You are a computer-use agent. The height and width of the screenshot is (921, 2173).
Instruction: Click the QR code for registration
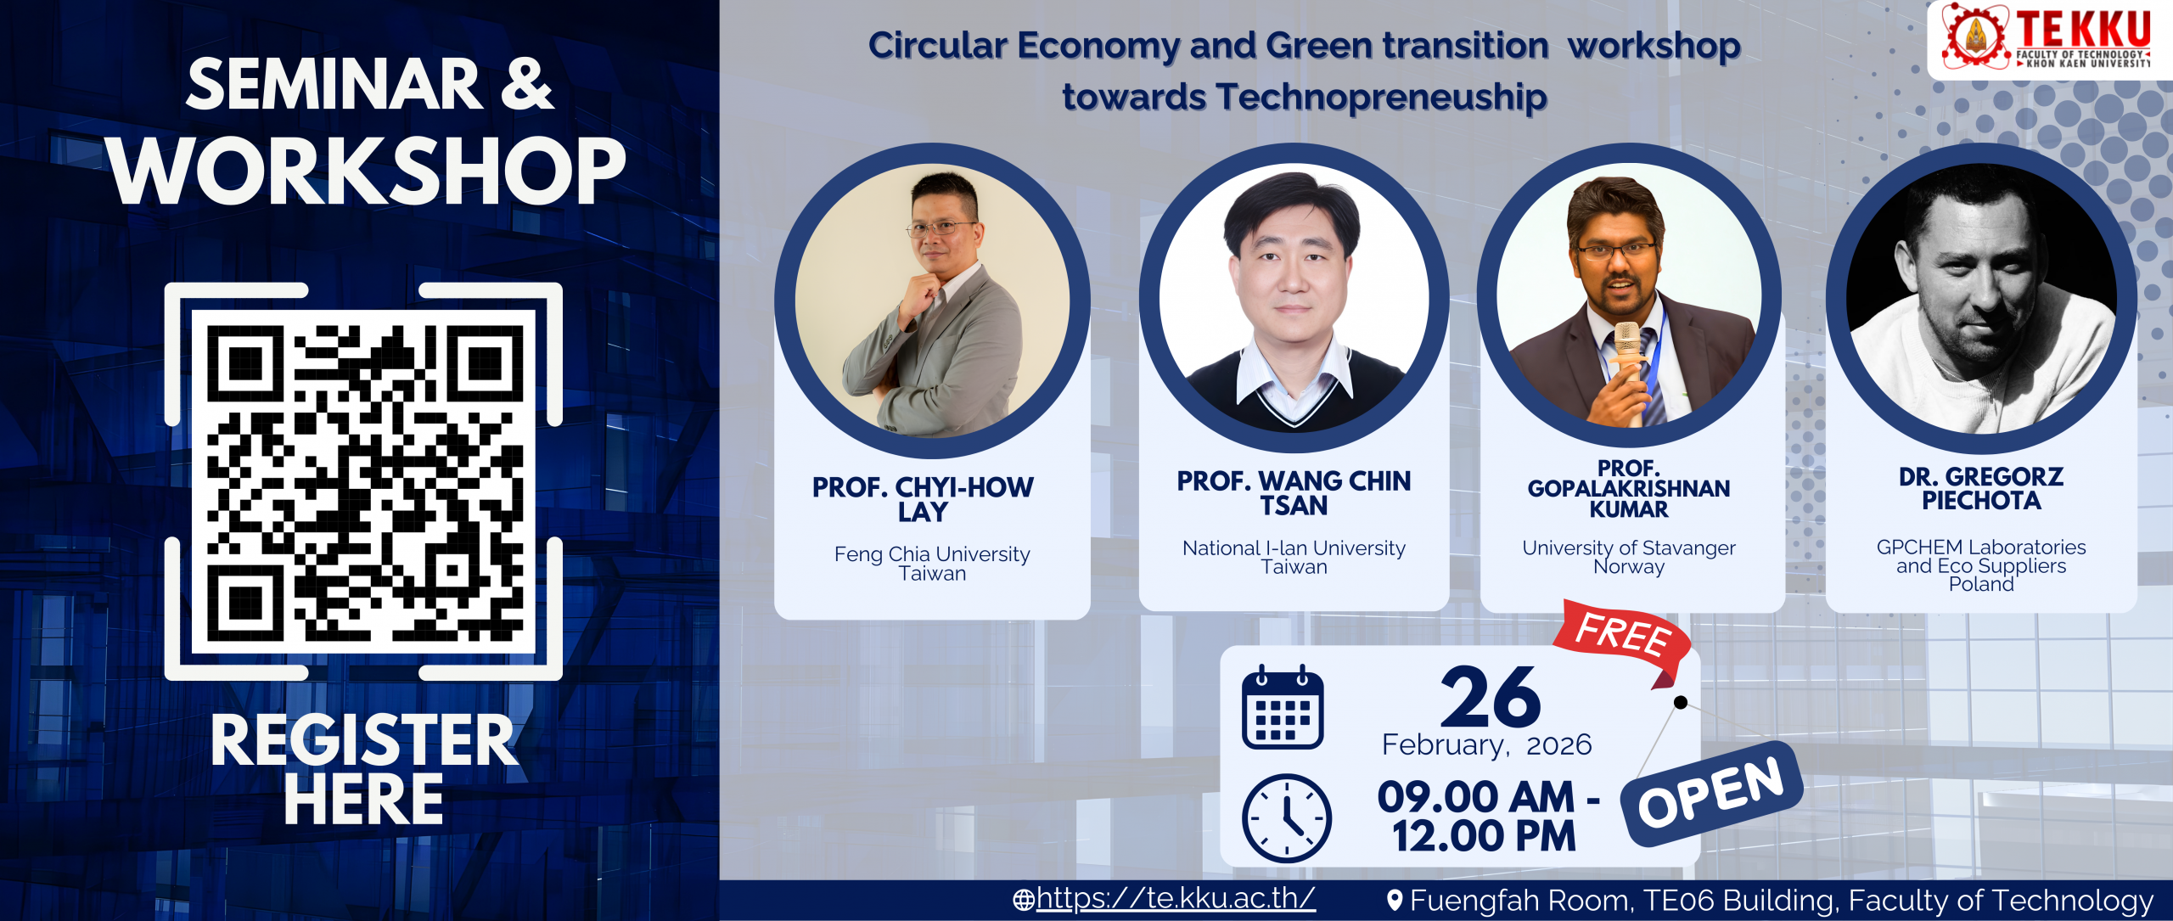(x=363, y=481)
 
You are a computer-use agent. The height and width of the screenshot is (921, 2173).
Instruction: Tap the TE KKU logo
(x=2048, y=38)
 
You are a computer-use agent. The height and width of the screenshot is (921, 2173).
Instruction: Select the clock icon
(x=1286, y=817)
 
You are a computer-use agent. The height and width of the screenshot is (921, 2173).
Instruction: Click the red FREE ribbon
(x=1623, y=638)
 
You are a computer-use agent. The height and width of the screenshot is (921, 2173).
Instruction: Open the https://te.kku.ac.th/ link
(x=1176, y=898)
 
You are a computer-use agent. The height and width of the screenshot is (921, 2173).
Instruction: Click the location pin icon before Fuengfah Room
(x=1394, y=900)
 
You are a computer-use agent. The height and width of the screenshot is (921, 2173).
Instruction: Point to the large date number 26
(x=1491, y=697)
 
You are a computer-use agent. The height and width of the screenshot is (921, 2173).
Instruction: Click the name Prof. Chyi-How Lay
(x=923, y=499)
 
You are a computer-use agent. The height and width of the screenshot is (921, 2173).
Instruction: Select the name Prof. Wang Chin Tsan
(x=1294, y=493)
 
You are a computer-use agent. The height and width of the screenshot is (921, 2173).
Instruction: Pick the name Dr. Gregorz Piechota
(x=1981, y=488)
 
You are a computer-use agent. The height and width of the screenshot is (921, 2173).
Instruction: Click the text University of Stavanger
(x=1629, y=548)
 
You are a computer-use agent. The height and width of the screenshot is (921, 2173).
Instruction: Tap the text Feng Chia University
(x=932, y=553)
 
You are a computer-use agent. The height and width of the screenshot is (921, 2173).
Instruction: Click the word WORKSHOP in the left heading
(x=368, y=171)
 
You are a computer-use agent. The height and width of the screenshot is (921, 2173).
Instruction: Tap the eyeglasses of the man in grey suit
(x=942, y=227)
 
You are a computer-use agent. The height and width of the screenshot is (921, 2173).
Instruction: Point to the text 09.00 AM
(x=1476, y=796)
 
